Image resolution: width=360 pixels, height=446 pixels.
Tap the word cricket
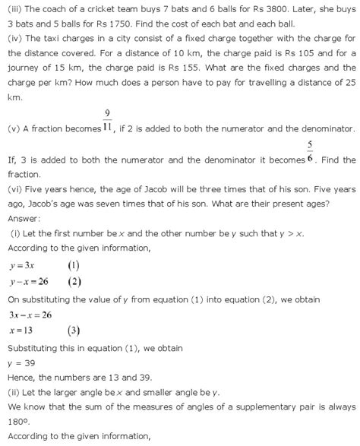click(x=91, y=8)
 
